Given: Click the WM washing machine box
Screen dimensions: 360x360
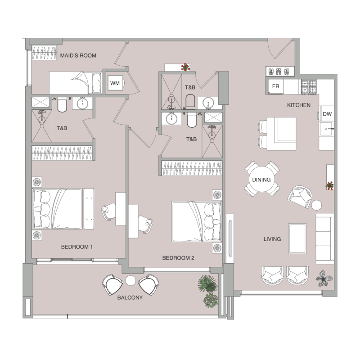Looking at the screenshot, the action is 115,83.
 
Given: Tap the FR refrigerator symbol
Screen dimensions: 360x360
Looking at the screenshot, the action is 275,86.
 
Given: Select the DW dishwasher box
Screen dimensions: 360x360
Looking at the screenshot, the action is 327,114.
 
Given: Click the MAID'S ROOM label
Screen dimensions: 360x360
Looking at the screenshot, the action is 78,55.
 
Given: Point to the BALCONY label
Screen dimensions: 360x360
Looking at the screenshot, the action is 130,297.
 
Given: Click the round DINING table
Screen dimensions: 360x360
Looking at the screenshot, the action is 262,179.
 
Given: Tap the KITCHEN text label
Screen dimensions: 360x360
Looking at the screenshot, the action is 299,105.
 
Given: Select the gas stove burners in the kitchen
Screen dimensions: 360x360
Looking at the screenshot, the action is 309,87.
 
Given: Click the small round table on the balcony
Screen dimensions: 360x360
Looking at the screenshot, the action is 130,280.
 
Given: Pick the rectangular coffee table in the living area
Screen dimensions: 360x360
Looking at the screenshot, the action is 297,238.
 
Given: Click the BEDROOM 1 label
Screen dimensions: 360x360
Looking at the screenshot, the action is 77,247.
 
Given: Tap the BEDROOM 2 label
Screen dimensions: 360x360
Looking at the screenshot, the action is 178,258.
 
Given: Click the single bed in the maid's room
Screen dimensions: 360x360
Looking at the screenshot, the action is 76,83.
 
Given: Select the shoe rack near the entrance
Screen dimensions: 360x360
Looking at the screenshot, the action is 280,71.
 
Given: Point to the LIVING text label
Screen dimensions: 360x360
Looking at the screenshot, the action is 272,239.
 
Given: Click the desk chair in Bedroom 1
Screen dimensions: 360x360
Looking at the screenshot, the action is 108,211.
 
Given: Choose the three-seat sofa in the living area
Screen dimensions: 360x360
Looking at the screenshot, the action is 325,239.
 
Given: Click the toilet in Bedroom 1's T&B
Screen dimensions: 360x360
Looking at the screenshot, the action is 62,105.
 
